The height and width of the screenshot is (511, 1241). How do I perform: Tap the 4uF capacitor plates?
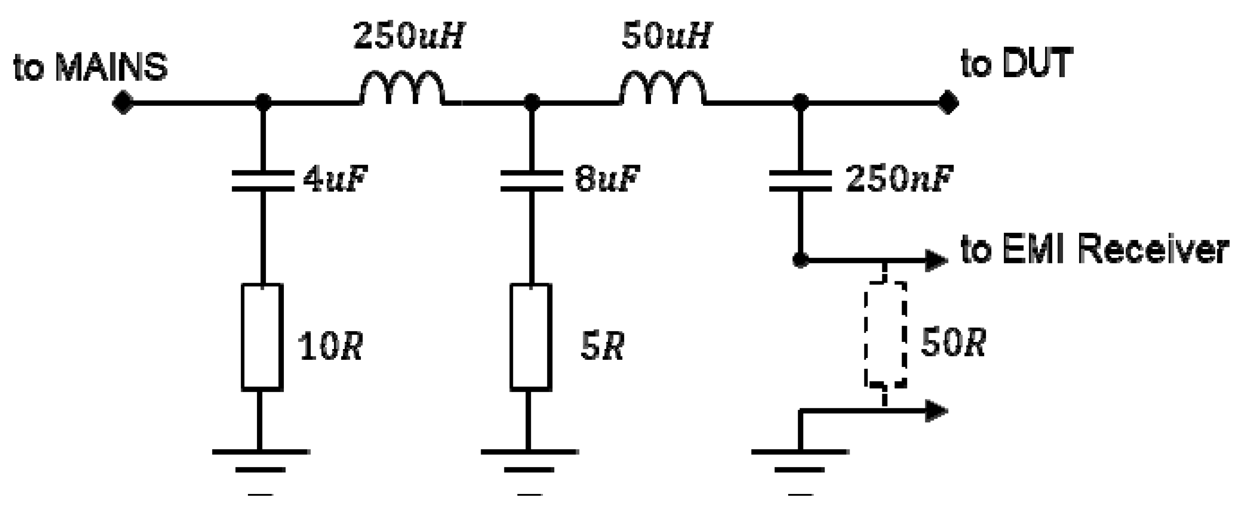point(263,180)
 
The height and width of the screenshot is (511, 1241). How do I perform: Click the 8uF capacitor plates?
point(531,180)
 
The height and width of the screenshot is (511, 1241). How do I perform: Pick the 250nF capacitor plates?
point(800,180)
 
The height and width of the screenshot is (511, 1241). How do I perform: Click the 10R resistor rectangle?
point(261,336)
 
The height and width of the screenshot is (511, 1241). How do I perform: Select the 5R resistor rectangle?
point(531,336)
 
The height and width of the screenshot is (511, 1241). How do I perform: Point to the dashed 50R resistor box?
point(885,334)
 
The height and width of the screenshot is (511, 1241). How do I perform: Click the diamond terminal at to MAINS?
point(123,103)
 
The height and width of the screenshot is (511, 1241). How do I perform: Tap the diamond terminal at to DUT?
point(948,103)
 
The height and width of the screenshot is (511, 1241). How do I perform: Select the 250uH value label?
point(408,37)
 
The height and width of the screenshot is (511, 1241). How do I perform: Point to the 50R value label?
point(953,343)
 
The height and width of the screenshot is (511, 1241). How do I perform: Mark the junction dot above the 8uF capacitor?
point(531,102)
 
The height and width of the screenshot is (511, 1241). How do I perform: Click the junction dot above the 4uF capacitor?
point(263,102)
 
